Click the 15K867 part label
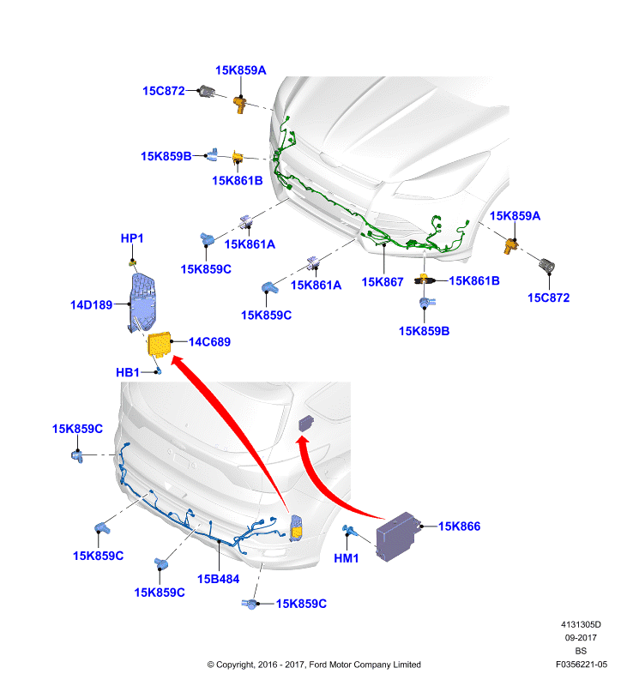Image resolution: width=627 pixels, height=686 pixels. point(382,282)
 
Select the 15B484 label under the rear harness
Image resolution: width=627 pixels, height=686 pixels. point(219,579)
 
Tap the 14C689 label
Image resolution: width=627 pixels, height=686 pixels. point(209,341)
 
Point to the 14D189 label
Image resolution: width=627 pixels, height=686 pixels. point(92,305)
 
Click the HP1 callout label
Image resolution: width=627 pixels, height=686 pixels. point(132,238)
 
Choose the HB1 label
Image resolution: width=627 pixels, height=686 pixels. point(128,372)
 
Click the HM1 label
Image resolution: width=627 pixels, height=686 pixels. point(347,558)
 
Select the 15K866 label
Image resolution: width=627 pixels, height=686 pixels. point(459,527)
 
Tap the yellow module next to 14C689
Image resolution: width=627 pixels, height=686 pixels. point(160,345)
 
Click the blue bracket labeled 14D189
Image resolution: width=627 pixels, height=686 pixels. point(142,303)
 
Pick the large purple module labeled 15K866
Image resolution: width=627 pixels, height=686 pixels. point(397,537)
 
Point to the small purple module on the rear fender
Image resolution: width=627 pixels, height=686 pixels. point(306,423)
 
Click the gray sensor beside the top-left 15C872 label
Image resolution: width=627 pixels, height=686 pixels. point(206,91)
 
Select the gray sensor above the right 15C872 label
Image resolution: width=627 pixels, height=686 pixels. point(546,265)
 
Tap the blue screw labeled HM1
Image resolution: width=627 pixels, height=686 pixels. point(350,531)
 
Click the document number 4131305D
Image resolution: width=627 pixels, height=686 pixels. point(581,624)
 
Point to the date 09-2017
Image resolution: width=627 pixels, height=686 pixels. point(581,637)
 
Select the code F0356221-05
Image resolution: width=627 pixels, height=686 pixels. point(582,664)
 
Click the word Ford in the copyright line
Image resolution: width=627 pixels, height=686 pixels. point(318,665)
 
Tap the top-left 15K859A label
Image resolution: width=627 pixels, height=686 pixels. point(241,70)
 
